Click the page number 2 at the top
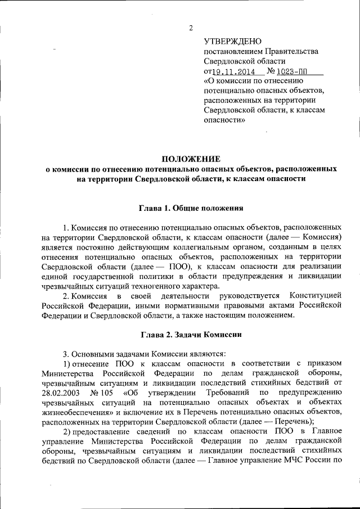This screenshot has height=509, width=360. (x=191, y=28)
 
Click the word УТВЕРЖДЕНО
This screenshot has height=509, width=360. (x=233, y=41)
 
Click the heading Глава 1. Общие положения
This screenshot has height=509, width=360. (x=191, y=208)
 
